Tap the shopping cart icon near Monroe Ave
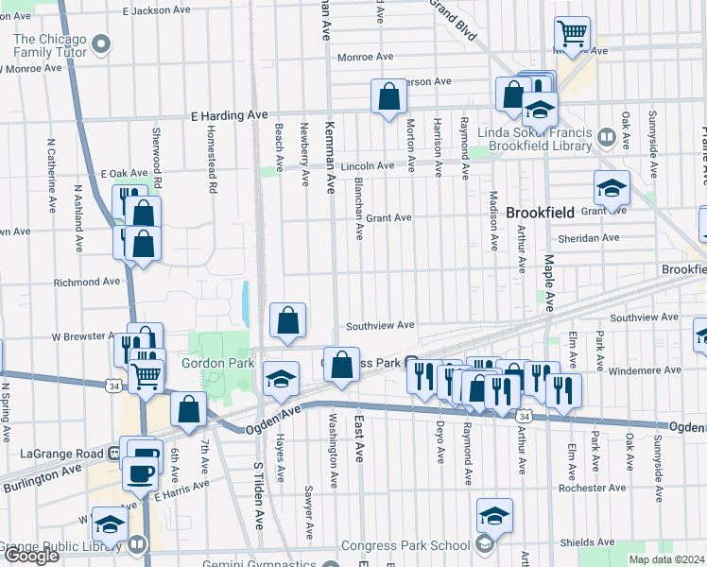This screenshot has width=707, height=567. click(572, 35)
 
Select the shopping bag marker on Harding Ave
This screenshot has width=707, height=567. click(388, 96)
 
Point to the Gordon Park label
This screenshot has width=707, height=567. click(216, 362)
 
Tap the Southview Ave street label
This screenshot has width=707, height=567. click(380, 325)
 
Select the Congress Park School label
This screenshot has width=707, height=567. click(418, 545)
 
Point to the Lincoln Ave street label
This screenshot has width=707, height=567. click(368, 165)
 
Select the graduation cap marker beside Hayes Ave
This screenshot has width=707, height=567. click(280, 379)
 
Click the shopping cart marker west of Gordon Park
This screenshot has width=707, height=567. click(146, 376)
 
